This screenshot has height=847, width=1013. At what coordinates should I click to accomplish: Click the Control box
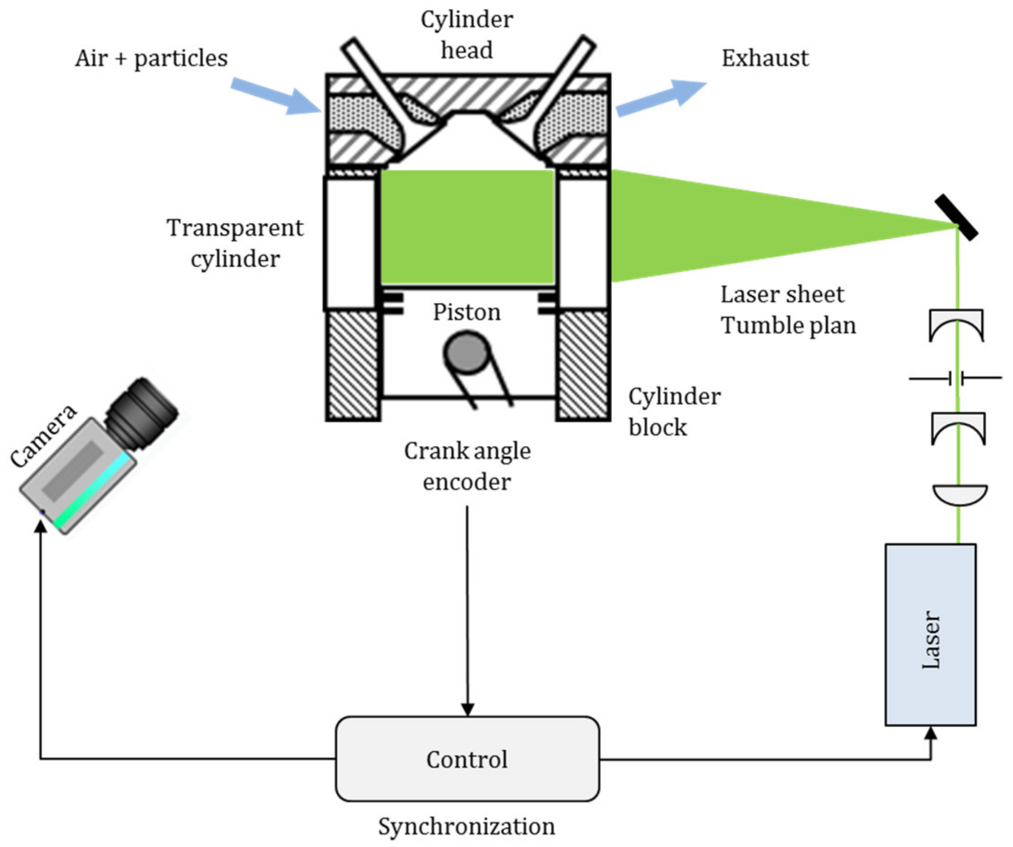pyautogui.click(x=467, y=759)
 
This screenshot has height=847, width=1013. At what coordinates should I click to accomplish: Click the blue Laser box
pyautogui.click(x=930, y=635)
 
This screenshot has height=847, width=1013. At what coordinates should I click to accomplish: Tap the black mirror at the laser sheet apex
pyautogui.click(x=956, y=217)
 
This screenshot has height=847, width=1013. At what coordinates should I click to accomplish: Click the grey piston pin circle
pyautogui.click(x=466, y=353)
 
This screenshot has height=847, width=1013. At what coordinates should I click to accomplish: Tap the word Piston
pyautogui.click(x=466, y=312)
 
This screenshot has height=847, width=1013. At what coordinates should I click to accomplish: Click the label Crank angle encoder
pyautogui.click(x=467, y=466)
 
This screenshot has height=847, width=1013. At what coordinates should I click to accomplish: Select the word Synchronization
pyautogui.click(x=466, y=826)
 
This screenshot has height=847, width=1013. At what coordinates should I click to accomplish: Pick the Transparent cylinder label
pyautogui.click(x=235, y=243)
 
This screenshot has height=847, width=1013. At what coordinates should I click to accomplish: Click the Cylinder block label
pyautogui.click(x=674, y=411)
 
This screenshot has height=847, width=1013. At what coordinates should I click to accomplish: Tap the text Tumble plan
pyautogui.click(x=788, y=325)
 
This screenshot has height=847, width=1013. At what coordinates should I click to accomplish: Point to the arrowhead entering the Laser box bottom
pyautogui.click(x=931, y=733)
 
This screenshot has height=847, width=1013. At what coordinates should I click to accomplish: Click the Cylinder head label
pyautogui.click(x=466, y=35)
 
